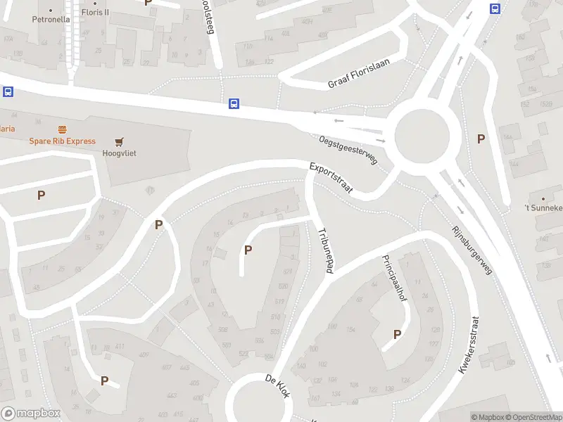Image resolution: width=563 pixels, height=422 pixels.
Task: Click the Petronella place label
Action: (x=51, y=20)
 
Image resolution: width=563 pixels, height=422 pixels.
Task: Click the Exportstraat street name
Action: (x=331, y=178)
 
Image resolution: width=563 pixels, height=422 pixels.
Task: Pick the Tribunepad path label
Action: (x=324, y=250)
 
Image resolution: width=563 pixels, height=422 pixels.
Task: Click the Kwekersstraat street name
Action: (x=467, y=343)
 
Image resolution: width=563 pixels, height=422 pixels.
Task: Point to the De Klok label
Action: (x=277, y=388)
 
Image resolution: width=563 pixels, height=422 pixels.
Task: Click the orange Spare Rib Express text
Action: (x=62, y=141)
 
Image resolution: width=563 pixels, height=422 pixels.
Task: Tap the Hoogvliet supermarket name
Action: (x=119, y=153)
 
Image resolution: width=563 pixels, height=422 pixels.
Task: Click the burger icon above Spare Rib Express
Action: (x=62, y=129)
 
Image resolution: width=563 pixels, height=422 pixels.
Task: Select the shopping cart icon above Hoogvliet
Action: (x=119, y=141)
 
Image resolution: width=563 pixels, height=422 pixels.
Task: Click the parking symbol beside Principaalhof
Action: (x=397, y=335)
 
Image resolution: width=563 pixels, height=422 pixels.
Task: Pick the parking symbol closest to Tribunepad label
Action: (x=248, y=249)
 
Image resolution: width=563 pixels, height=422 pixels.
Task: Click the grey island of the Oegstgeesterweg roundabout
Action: (x=422, y=135)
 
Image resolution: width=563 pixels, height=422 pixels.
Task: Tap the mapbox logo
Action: (x=30, y=414)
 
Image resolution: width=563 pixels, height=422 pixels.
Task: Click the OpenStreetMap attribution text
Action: (x=534, y=417)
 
